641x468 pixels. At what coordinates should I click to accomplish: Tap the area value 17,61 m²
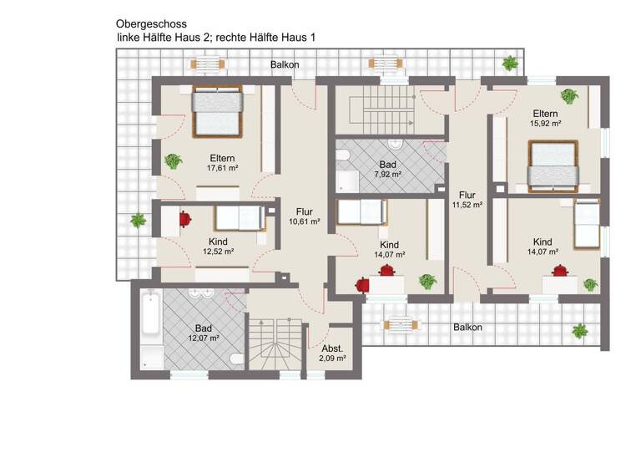[x=222, y=168]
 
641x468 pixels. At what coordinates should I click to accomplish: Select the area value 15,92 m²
[x=544, y=123]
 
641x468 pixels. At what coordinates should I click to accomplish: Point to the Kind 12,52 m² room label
[x=217, y=246]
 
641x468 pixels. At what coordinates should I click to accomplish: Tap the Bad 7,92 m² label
[x=388, y=170]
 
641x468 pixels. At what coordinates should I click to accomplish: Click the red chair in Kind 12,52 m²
[x=185, y=219]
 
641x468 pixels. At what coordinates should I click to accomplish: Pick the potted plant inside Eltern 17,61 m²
[x=174, y=160]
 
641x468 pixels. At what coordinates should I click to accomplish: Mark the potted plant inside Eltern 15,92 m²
[x=569, y=96]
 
